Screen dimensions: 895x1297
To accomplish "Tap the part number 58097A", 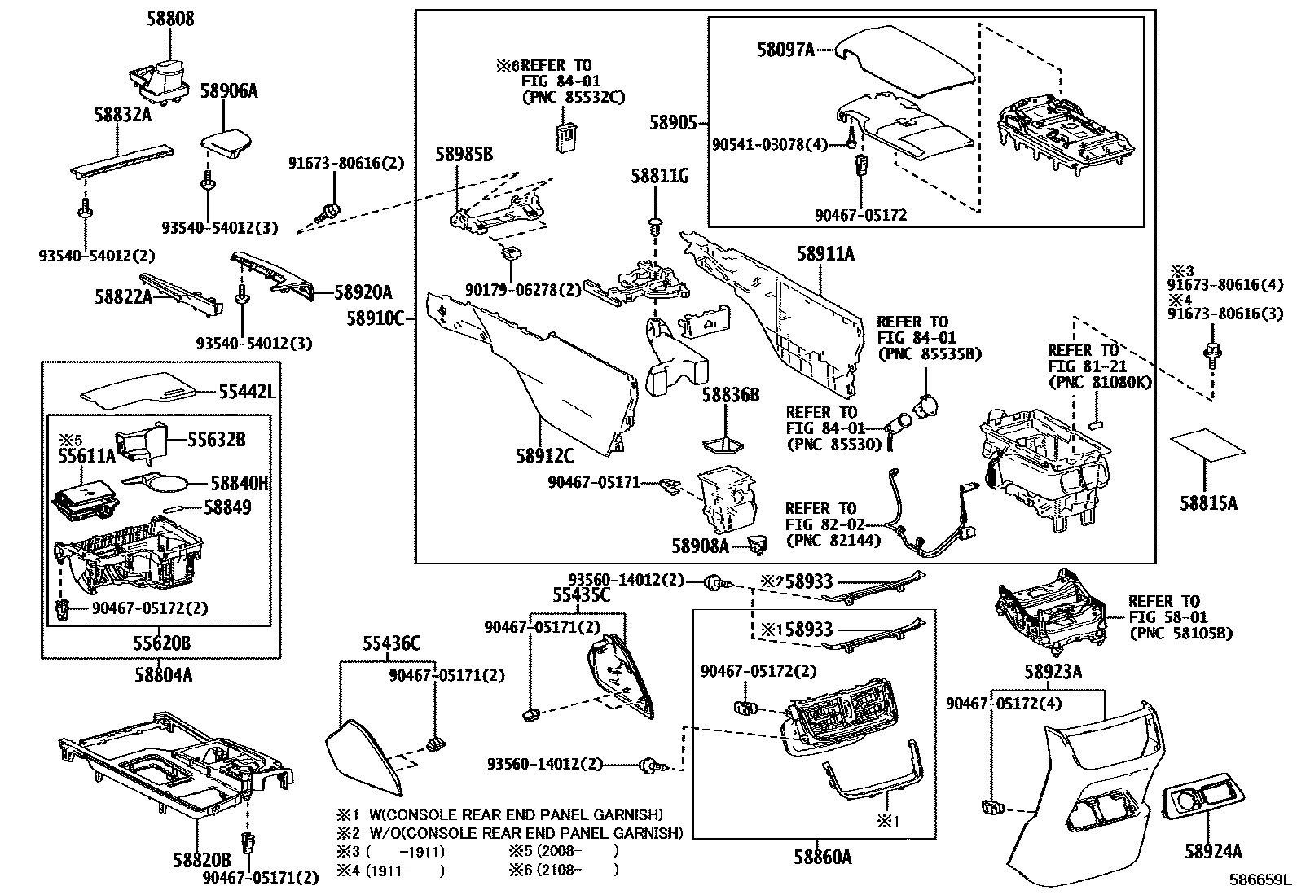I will pos(785,50).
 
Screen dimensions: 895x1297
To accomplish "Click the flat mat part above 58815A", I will pos(1207,446).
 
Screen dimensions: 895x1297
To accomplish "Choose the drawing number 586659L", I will pos(1260,880).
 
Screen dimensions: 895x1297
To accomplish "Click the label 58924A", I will pos(1213,852).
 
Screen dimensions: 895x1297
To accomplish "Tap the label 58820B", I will pos(201,859).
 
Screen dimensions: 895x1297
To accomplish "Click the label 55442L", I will pos(247,393).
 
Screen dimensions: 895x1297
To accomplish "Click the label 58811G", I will pos(660,175).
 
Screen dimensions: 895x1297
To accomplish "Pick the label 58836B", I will pos(731,395).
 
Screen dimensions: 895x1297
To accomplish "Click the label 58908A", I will pos(700,545).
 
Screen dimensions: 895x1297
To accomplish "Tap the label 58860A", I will pos(823,856).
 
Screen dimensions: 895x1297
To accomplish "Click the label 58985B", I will pos(464,154).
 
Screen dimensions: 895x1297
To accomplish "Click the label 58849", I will pos(227,507).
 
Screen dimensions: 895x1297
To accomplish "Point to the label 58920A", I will pos(363,292).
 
